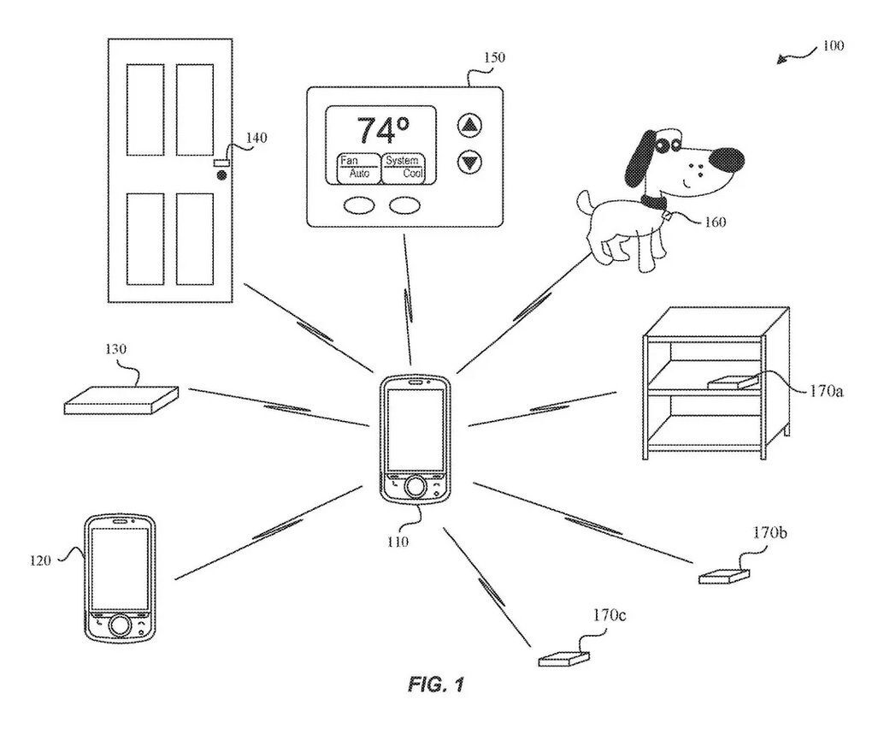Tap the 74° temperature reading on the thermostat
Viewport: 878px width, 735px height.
[376, 131]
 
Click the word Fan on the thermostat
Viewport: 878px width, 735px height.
[349, 160]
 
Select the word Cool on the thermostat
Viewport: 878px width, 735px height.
[413, 172]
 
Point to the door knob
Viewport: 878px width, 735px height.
[221, 176]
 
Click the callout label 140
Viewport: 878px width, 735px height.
[256, 137]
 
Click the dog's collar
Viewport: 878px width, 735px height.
[654, 203]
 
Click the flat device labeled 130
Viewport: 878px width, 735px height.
[121, 400]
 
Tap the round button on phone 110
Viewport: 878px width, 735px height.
[415, 487]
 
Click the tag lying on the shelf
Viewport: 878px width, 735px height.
[732, 381]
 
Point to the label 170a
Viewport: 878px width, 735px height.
[827, 391]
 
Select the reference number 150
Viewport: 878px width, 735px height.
[493, 58]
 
